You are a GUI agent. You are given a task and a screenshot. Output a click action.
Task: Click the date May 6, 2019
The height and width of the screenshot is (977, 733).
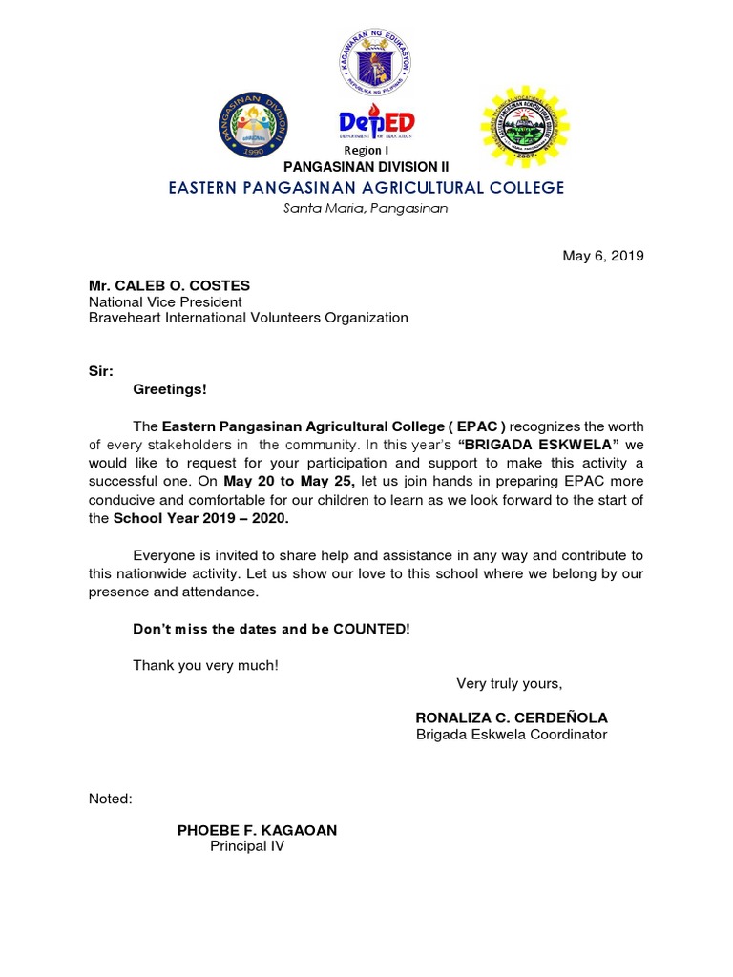click(603, 256)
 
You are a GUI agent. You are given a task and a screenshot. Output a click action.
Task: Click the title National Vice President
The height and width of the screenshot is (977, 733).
click(165, 301)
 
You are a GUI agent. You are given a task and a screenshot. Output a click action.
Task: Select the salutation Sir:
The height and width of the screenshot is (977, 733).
click(100, 372)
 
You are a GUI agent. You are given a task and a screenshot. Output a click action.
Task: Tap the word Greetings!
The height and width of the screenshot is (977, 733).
click(169, 389)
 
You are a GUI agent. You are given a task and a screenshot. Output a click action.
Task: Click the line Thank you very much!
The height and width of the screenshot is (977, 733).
click(205, 664)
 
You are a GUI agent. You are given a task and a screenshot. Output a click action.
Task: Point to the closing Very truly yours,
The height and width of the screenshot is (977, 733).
click(510, 682)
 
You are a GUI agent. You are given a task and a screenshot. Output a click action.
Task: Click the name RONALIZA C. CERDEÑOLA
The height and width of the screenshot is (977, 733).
click(512, 717)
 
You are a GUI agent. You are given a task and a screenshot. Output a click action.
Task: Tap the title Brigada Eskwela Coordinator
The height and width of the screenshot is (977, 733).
click(512, 734)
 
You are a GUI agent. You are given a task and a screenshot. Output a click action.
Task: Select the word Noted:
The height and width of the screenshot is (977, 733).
click(110, 798)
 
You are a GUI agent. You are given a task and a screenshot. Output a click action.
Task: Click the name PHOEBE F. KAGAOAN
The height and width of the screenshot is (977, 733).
click(257, 830)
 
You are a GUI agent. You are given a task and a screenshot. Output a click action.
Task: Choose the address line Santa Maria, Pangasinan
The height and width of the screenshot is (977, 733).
click(366, 208)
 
